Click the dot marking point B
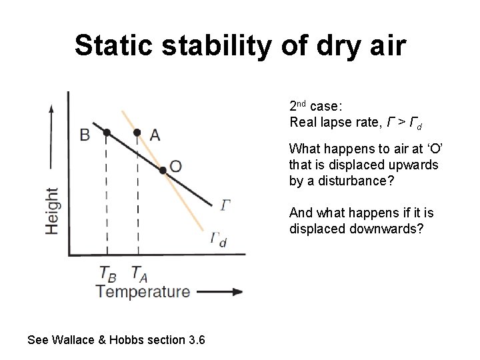coord(106,133)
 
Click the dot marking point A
coord(137,133)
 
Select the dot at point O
coord(162,171)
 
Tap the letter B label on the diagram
coord(85,135)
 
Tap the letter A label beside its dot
coord(155,135)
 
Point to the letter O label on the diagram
coord(176,166)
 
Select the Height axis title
coord(52,210)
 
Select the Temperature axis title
coord(142,291)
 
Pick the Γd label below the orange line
coord(218,239)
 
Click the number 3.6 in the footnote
coord(197,340)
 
